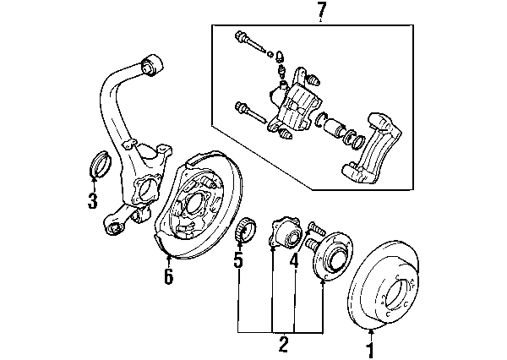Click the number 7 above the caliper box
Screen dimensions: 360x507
(x=320, y=11)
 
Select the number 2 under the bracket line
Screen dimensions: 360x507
(x=283, y=345)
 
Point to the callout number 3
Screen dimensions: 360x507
(x=92, y=201)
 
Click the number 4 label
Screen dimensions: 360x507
(x=294, y=261)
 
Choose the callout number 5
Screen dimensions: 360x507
(x=238, y=261)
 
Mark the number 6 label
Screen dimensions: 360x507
(x=168, y=276)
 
